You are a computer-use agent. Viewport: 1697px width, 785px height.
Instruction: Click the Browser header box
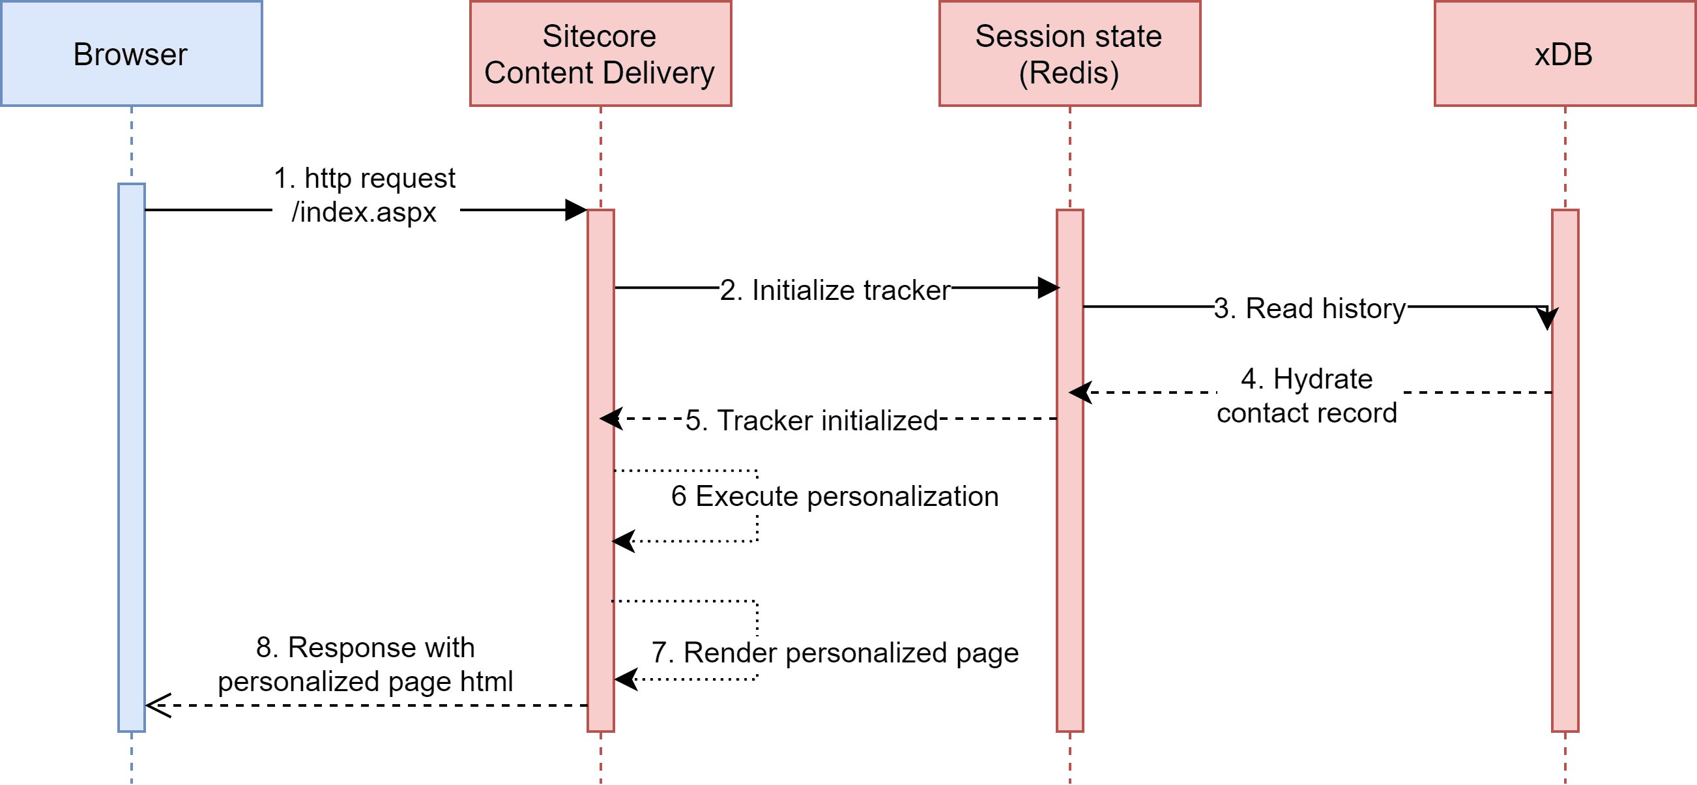(131, 53)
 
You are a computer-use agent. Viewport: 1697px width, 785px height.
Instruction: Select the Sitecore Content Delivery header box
(600, 53)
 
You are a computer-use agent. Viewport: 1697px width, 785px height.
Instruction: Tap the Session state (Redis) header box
(1069, 53)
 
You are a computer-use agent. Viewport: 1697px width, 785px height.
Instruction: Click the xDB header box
(1565, 53)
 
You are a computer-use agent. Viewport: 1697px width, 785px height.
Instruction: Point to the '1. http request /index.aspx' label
(366, 196)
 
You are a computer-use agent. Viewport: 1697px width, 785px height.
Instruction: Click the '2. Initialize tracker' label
(835, 290)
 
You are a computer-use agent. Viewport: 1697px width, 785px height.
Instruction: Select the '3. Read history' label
(1311, 308)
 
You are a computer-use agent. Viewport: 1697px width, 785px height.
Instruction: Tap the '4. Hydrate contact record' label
(1307, 396)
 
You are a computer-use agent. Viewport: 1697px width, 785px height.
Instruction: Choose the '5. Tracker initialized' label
(811, 421)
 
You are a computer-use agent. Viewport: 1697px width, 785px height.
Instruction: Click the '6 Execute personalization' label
(835, 496)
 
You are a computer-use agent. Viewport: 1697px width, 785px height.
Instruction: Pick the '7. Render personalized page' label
(835, 653)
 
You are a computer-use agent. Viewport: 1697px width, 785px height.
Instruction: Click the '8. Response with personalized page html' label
(368, 664)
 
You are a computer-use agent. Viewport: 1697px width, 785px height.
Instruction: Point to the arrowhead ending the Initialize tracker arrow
(1048, 288)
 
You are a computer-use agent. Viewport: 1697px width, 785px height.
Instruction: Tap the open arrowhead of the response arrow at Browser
(157, 705)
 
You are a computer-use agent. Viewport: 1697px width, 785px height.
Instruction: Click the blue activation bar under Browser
(131, 462)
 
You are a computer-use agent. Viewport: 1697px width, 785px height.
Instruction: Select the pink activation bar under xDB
(1565, 527)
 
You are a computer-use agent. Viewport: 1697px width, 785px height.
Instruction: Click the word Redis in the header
(1069, 72)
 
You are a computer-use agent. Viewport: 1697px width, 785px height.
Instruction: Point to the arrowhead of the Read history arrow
(1546, 318)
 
